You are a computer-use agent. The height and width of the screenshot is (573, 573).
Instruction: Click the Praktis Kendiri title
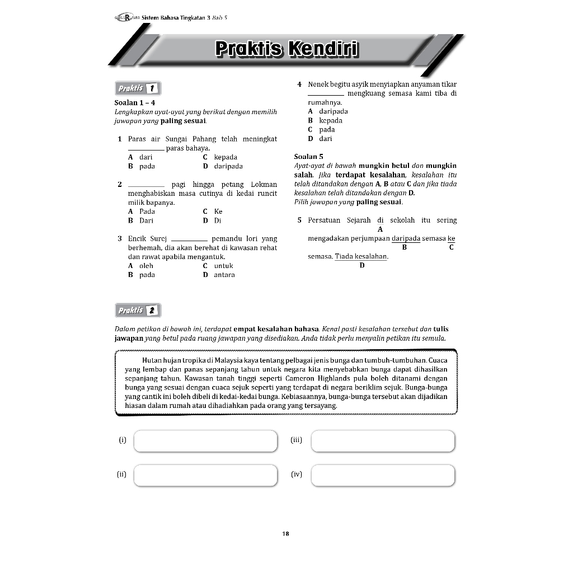pyautogui.click(x=286, y=49)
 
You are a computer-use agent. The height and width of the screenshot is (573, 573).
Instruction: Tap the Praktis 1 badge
pyautogui.click(x=138, y=88)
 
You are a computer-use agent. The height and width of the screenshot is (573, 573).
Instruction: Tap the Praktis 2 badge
pyautogui.click(x=138, y=311)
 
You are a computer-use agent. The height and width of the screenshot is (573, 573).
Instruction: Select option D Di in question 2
pyautogui.click(x=213, y=220)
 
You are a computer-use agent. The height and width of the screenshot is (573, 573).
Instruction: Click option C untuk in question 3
pyautogui.click(x=218, y=266)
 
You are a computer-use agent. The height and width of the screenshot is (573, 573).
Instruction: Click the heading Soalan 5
pyautogui.click(x=308, y=157)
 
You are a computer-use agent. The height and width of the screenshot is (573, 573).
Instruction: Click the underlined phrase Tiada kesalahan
pyautogui.click(x=361, y=256)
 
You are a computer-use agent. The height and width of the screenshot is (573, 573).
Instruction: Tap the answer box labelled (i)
pyautogui.click(x=205, y=441)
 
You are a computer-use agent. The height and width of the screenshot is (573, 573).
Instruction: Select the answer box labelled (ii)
pyautogui.click(x=205, y=475)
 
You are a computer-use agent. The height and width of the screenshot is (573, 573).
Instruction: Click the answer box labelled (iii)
pyautogui.click(x=383, y=441)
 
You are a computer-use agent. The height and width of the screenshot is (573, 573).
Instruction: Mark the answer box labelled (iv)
pyautogui.click(x=383, y=475)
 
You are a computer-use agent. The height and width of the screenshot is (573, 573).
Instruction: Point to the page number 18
pyautogui.click(x=286, y=534)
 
